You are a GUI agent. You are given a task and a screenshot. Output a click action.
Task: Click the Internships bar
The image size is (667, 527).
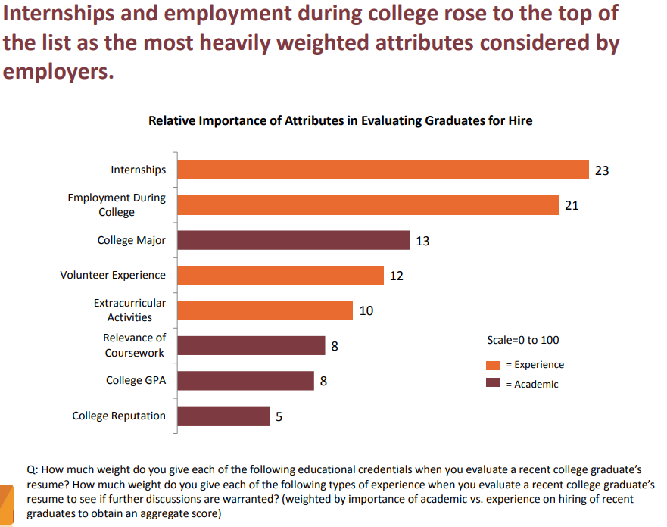point(383,170)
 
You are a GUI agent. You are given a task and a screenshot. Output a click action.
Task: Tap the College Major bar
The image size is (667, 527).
point(293,241)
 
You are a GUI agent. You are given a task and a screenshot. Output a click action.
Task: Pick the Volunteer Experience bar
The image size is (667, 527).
point(280,276)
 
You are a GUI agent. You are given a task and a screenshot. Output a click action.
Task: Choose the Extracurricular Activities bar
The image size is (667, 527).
point(265,310)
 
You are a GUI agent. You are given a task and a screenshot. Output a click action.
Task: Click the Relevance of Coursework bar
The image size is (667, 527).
point(251,346)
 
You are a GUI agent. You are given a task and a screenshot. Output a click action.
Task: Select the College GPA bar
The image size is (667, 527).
point(245,381)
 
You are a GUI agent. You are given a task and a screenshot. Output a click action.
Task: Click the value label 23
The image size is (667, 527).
point(602,170)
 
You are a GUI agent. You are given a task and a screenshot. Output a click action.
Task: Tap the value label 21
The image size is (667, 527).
point(572,205)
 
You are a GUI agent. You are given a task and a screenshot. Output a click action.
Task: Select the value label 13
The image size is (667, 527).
point(422,241)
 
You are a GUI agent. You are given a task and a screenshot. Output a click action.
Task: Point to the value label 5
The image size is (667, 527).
point(279,416)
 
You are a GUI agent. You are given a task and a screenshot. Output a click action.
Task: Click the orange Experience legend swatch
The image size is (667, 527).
point(493,365)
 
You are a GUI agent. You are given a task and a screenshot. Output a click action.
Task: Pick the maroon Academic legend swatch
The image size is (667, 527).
point(493,384)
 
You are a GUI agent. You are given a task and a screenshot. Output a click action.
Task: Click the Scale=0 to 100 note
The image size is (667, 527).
point(523,340)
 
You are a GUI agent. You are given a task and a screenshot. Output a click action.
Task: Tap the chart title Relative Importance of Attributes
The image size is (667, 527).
point(340,120)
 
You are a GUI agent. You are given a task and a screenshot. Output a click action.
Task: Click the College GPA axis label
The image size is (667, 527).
point(136,381)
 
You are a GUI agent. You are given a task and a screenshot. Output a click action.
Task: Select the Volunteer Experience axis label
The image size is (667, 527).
point(113,275)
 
